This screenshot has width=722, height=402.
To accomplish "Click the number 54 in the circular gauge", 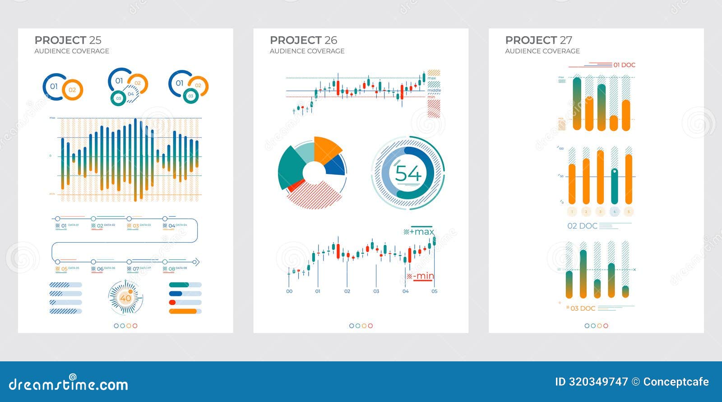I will pyautogui.click(x=408, y=173).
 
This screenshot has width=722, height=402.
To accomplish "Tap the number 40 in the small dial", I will pyautogui.click(x=125, y=298).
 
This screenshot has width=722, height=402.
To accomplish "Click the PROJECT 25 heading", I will pyautogui.click(x=68, y=40).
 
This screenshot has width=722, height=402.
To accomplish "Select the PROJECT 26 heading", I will pyautogui.click(x=303, y=40).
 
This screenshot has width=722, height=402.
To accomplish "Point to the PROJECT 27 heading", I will pyautogui.click(x=538, y=40).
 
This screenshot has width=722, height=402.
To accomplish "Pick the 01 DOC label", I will pyautogui.click(x=624, y=65).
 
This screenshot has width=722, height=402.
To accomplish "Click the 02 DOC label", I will pyautogui.click(x=582, y=226).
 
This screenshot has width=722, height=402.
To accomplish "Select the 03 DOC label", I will pyautogui.click(x=583, y=308).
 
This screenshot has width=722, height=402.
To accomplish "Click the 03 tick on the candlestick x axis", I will pyautogui.click(x=376, y=291).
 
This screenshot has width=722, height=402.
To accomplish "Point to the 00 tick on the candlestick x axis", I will pyautogui.click(x=289, y=291).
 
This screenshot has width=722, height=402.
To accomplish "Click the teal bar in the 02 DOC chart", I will pyautogui.click(x=614, y=186).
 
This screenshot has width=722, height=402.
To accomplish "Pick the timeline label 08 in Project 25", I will pyautogui.click(x=171, y=269).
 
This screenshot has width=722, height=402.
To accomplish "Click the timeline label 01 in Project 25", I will pyautogui.click(x=64, y=225).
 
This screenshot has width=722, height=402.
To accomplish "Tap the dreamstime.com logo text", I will pyautogui.click(x=69, y=384).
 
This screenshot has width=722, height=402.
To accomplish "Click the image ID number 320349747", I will pyautogui.click(x=598, y=382).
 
